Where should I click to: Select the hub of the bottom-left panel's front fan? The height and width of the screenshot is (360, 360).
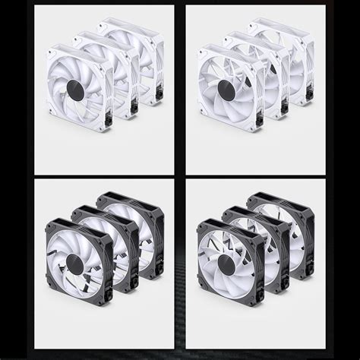74,264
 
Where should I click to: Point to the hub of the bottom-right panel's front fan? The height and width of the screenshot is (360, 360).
226,262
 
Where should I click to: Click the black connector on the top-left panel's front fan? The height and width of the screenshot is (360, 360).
109,118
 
